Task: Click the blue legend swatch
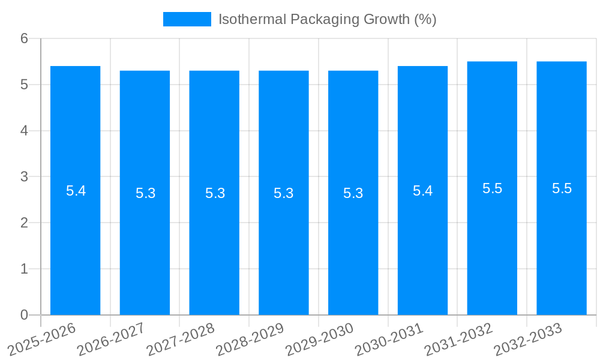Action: click(187, 19)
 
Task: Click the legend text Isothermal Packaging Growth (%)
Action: click(327, 19)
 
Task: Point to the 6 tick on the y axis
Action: click(25, 38)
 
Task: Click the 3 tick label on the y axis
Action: click(25, 177)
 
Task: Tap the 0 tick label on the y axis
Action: click(25, 315)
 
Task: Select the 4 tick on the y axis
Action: click(25, 131)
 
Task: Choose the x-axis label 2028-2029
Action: click(250, 339)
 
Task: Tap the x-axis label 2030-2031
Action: click(389, 339)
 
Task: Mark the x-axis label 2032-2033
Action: click(528, 339)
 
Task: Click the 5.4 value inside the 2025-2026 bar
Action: click(76, 191)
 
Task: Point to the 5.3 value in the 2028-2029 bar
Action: click(284, 193)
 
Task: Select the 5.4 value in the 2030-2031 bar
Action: click(422, 191)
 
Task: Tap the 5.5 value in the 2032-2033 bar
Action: click(562, 188)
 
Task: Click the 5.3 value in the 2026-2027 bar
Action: click(145, 193)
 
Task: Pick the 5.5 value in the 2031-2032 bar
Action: click(492, 188)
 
